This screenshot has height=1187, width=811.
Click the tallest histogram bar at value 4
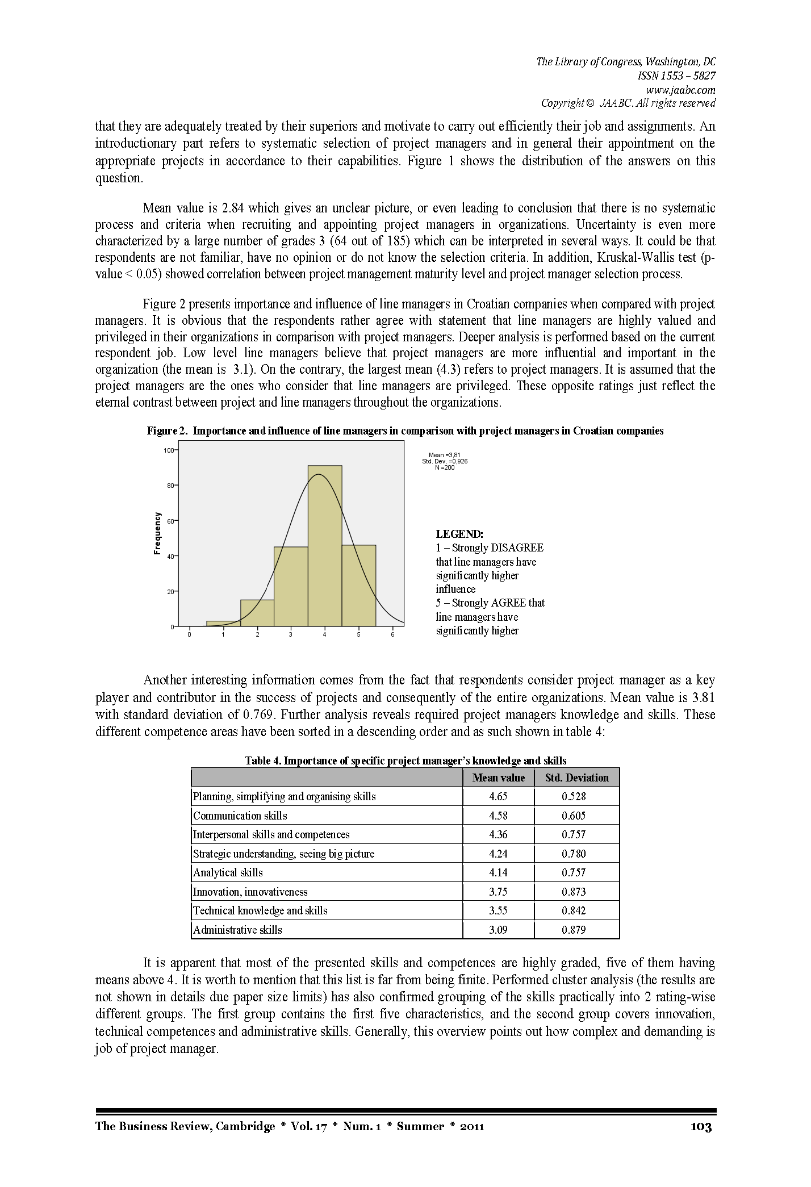325,545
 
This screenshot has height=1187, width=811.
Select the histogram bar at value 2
257,613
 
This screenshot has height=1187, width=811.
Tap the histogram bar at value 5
358,585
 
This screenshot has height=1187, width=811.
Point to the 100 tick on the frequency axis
169,450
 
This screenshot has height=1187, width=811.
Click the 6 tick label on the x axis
392,634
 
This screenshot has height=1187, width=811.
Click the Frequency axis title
157,533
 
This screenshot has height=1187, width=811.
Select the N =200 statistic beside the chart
445,467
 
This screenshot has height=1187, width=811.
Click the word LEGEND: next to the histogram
459,534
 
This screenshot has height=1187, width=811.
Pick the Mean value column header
498,778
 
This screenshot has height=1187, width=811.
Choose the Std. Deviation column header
576,778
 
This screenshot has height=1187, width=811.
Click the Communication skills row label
240,816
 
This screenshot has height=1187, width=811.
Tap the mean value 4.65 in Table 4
498,796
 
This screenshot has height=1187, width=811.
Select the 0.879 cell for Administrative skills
574,930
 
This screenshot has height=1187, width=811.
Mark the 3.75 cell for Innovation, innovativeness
498,892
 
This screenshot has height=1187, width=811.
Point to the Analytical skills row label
228,872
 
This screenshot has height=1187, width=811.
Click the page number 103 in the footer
701,1126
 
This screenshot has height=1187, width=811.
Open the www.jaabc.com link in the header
680,90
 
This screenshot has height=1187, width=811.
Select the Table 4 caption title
405,760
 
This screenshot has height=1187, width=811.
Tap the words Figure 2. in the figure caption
167,431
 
